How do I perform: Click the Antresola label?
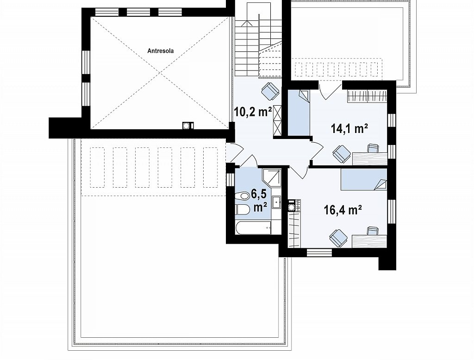(x=161, y=51)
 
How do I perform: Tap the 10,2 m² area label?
(x=253, y=112)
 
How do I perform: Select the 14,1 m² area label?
(x=349, y=128)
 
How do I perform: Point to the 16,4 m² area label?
(x=343, y=209)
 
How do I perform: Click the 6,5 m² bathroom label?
(x=260, y=201)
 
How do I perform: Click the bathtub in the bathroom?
(x=254, y=228)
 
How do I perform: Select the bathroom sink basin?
(x=277, y=202)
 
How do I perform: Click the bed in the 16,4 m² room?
(x=364, y=179)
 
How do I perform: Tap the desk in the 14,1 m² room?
(x=370, y=158)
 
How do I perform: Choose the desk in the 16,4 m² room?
(x=369, y=241)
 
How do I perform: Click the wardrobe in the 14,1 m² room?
(x=367, y=96)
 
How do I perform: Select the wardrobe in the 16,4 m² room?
(x=294, y=229)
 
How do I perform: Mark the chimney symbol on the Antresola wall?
(x=188, y=126)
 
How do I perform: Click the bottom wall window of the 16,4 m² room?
(x=319, y=253)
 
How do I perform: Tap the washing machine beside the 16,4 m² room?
(x=294, y=205)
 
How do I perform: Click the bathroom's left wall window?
(x=231, y=180)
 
